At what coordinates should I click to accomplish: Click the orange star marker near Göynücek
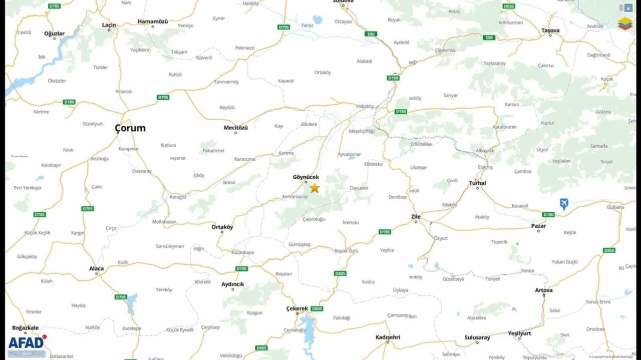[x=314, y=188]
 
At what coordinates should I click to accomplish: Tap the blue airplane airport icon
[x=564, y=204]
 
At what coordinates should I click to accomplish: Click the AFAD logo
[x=27, y=342]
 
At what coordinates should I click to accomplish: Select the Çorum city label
[x=130, y=128]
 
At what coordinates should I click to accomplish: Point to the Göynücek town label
[x=305, y=177]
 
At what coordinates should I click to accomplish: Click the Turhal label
[x=477, y=183]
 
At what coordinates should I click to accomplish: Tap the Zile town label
[x=416, y=217]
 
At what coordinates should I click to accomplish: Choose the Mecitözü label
[x=235, y=128]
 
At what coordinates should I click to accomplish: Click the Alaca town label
[x=97, y=269]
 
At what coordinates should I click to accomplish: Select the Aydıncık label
[x=233, y=284]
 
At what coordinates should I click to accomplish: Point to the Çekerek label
[x=297, y=308]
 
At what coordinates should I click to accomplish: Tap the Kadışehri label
[x=388, y=337]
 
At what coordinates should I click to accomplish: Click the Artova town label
[x=543, y=290]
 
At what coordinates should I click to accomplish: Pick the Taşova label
[x=550, y=31]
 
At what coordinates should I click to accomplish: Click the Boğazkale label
[x=25, y=328]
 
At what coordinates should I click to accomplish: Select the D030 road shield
[x=508, y=6]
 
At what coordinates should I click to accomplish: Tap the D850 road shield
[x=609, y=250]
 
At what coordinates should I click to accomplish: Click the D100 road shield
[x=393, y=78]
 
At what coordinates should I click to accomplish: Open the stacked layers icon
[x=624, y=24]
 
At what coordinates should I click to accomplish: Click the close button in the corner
[x=628, y=8]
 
